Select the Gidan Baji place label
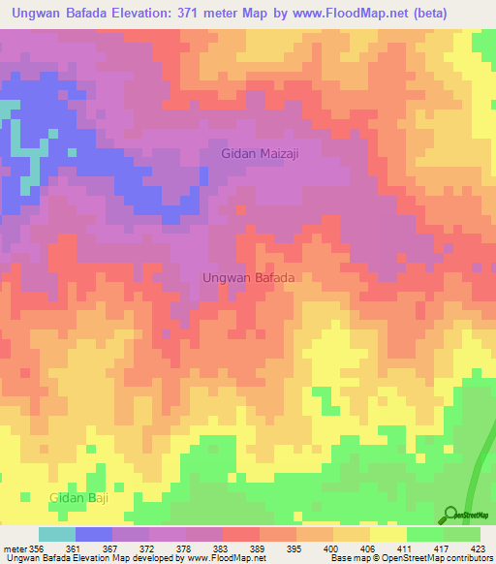tap(78, 497)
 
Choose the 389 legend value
tap(260, 548)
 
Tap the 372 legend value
tap(149, 548)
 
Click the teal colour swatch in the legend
tap(57, 534)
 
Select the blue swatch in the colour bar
tap(94, 534)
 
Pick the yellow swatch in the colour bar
tap(388, 534)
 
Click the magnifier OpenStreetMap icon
tap(450, 513)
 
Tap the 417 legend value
tap(443, 548)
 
